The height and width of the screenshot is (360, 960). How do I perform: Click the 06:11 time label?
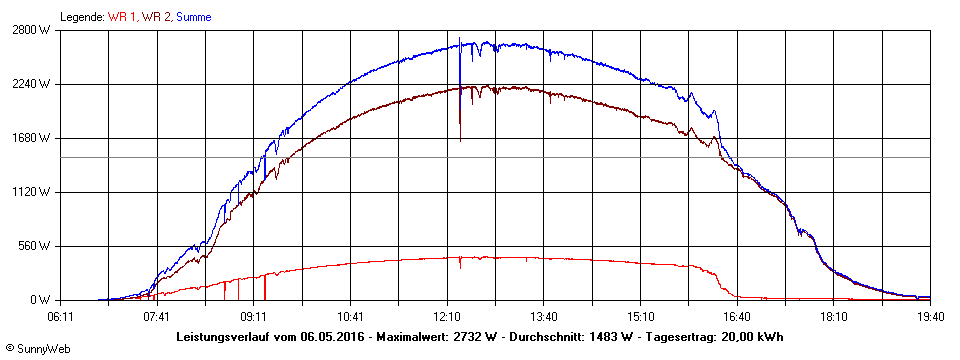point(61,316)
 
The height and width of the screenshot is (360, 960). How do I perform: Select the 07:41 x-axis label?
point(157,316)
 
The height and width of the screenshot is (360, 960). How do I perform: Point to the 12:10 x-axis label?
point(447,316)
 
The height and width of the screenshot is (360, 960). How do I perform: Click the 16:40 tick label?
point(737,316)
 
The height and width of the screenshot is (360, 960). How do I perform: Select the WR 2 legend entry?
point(156,17)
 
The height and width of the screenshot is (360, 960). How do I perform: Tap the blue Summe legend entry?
point(194,17)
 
